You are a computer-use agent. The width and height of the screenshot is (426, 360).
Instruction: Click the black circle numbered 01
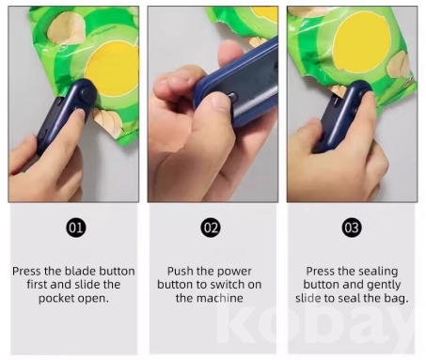click(x=76, y=227)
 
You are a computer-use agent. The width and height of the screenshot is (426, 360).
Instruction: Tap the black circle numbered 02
click(x=211, y=227)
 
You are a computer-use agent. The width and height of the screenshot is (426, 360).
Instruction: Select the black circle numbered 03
click(x=352, y=227)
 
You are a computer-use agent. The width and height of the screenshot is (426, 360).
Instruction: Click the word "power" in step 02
click(x=234, y=272)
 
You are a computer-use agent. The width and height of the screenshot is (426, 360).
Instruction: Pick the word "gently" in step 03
click(x=384, y=285)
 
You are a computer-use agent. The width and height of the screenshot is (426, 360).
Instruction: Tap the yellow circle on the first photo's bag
click(x=112, y=68)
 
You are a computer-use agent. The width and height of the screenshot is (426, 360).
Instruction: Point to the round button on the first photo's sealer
click(x=85, y=92)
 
